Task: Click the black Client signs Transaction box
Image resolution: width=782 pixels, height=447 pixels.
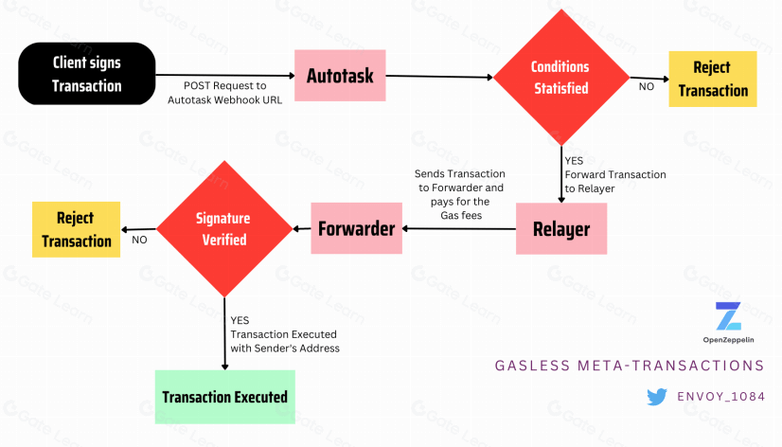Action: [x=86, y=73]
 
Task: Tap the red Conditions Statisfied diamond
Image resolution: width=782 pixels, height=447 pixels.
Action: [x=560, y=78]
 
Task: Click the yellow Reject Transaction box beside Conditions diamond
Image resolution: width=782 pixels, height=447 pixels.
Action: [x=713, y=79]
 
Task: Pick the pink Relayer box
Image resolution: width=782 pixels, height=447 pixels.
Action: [x=561, y=228]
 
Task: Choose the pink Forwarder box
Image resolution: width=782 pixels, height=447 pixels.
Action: [x=356, y=228]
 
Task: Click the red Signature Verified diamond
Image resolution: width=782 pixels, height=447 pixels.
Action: [x=223, y=228]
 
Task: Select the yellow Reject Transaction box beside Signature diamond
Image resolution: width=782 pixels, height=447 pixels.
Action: [x=77, y=229]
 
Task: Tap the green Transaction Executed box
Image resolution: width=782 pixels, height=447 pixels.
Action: [x=224, y=396]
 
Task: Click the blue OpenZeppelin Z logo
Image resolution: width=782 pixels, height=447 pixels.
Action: [x=728, y=316]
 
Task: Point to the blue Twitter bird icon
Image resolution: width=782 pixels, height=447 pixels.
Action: [x=657, y=397]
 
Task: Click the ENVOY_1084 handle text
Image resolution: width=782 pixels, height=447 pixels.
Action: [x=722, y=397]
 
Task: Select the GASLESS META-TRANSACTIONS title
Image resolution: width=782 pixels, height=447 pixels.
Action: [x=630, y=365]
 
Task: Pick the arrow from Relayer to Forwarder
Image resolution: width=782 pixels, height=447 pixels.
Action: [x=458, y=228]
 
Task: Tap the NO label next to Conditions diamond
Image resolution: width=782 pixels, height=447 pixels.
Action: [x=647, y=86]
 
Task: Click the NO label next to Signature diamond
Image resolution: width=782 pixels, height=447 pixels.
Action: [x=139, y=240]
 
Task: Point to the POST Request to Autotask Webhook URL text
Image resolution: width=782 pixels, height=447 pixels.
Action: [x=225, y=92]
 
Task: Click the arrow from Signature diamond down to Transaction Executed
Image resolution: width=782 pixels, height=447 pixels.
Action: [x=224, y=331]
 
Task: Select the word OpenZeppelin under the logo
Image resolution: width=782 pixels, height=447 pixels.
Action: [x=728, y=339]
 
